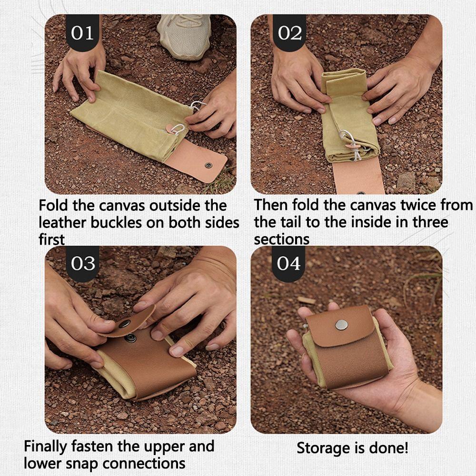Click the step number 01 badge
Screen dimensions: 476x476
click(82, 32)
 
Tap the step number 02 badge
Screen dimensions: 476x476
click(289, 32)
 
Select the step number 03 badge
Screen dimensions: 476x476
click(82, 264)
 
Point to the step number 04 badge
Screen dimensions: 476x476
click(288, 264)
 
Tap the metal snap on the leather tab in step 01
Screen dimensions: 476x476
click(208, 166)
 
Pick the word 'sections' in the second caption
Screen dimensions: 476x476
click(281, 239)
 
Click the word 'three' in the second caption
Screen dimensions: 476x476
click(430, 222)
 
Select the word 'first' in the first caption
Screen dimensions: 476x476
click(51, 239)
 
